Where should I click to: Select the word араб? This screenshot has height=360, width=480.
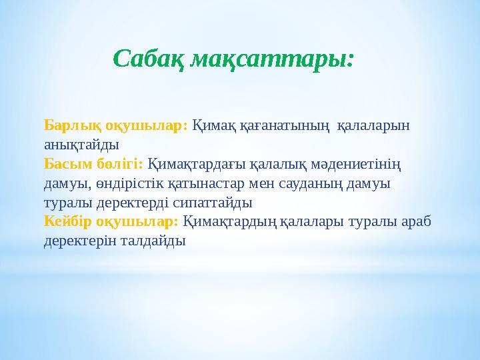(x=418, y=221)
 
